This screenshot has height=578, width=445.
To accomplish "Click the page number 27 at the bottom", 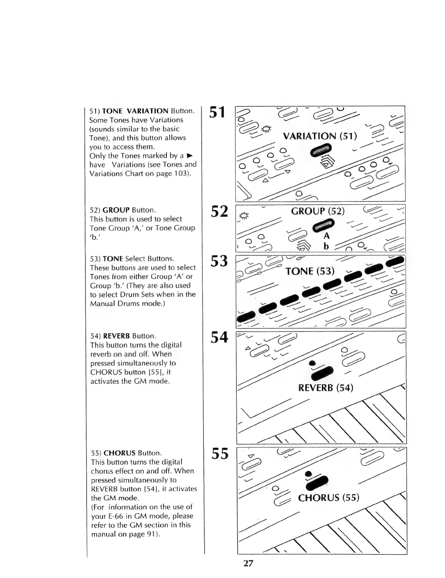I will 248,563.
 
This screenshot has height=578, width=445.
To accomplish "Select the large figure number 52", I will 219,212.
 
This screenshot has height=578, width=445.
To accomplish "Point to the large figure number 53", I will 219,261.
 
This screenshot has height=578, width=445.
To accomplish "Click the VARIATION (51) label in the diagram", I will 320,136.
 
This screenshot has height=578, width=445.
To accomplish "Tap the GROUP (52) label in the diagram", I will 318,211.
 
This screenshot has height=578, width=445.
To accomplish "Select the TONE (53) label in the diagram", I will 310,271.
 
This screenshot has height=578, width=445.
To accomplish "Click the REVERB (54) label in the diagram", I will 326,388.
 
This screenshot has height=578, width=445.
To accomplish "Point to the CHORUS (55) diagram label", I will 328,498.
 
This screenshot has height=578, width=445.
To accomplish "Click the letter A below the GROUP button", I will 327,236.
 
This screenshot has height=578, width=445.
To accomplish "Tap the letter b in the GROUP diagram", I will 326,246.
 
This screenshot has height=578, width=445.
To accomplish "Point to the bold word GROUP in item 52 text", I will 116,210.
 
